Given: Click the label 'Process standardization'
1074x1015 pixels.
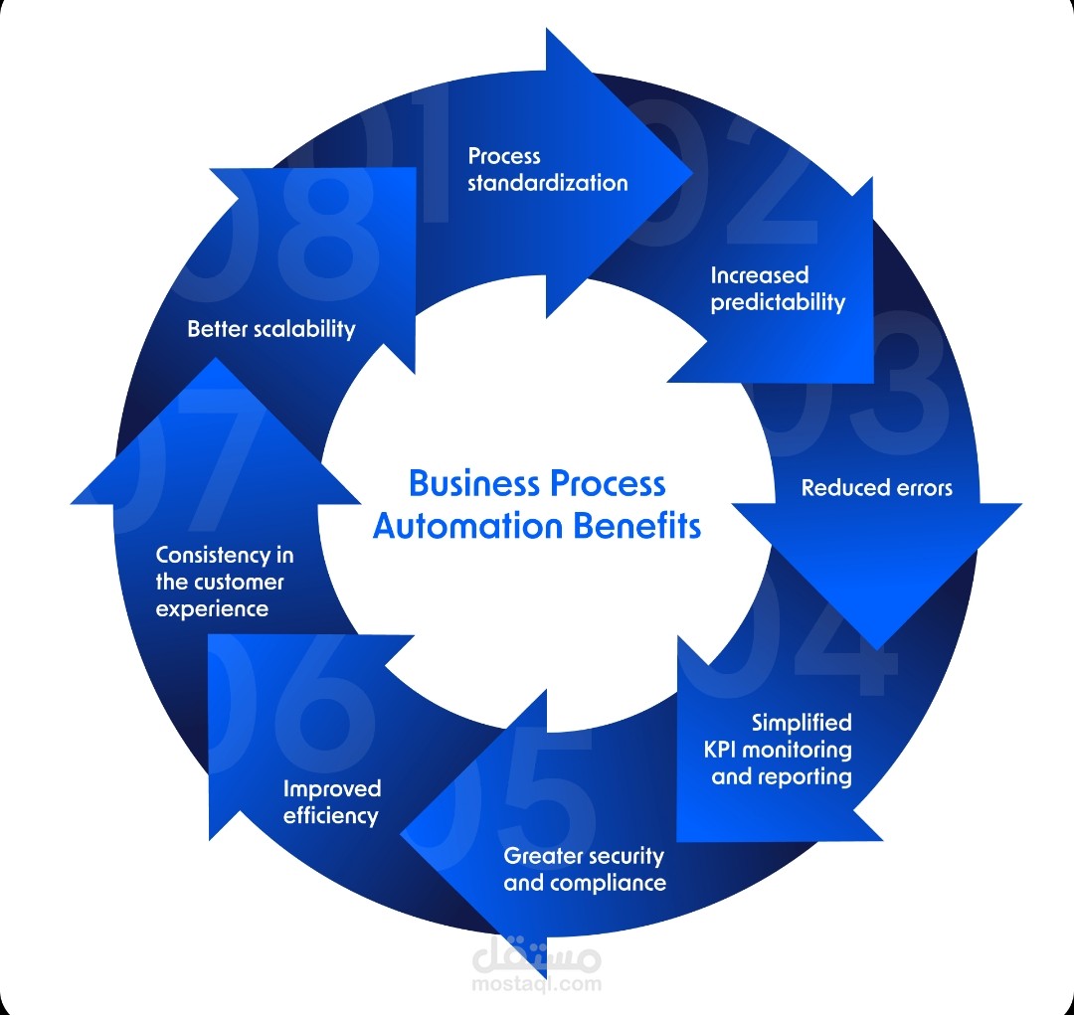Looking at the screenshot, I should tap(547, 169).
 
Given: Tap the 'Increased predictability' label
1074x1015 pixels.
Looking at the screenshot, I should tap(778, 288).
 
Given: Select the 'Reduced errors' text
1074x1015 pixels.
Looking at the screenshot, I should tap(876, 488).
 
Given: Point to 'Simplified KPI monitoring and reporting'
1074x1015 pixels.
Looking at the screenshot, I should tap(782, 750).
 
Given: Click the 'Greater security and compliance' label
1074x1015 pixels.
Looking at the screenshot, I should tap(585, 869).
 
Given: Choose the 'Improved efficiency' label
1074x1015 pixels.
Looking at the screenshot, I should tap(331, 802).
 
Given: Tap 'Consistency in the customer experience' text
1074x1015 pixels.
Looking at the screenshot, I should tap(224, 582).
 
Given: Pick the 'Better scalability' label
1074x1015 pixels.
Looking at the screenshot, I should tap(270, 329).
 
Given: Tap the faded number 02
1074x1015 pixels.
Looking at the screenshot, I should tap(736, 179).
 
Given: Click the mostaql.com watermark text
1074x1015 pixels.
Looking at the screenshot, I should tap(538, 984).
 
